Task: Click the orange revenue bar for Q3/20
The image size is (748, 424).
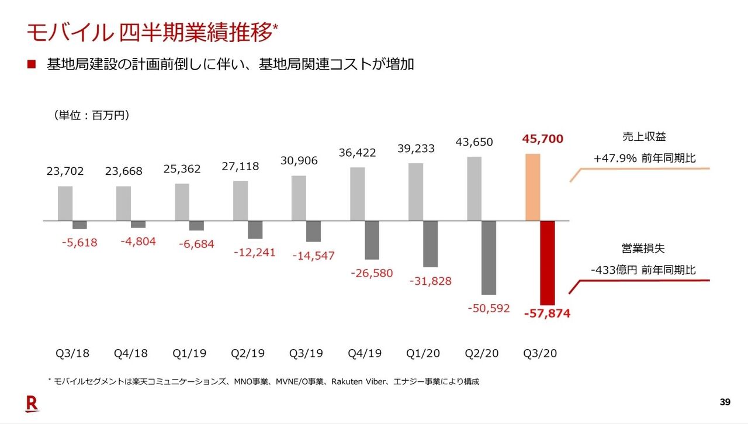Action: (x=533, y=187)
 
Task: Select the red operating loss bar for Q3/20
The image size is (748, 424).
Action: (x=547, y=263)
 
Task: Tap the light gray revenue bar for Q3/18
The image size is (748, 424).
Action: (x=65, y=204)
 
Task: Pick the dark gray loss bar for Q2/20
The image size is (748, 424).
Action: (x=489, y=257)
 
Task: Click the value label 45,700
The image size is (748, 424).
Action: (x=543, y=139)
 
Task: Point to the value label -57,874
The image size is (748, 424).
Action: (x=547, y=314)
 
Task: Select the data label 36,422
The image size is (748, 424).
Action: (x=358, y=153)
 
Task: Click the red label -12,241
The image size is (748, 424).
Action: (x=255, y=252)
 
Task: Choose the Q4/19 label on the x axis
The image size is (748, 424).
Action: (x=365, y=354)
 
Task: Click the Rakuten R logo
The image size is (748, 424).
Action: (x=32, y=403)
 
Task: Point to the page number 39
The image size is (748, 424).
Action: (x=725, y=402)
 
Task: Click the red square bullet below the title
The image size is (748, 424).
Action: (x=32, y=64)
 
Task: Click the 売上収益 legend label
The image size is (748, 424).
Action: (x=644, y=137)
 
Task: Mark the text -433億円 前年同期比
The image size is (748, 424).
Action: (x=643, y=270)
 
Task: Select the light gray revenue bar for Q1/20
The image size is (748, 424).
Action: (x=416, y=192)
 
